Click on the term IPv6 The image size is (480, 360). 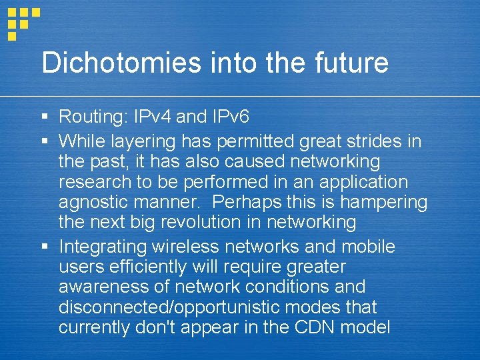pos(230,117)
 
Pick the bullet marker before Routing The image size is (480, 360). pos(44,118)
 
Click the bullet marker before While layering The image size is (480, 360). pos(44,141)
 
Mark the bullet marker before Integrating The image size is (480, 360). pos(44,247)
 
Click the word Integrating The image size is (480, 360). pos(103,247)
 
